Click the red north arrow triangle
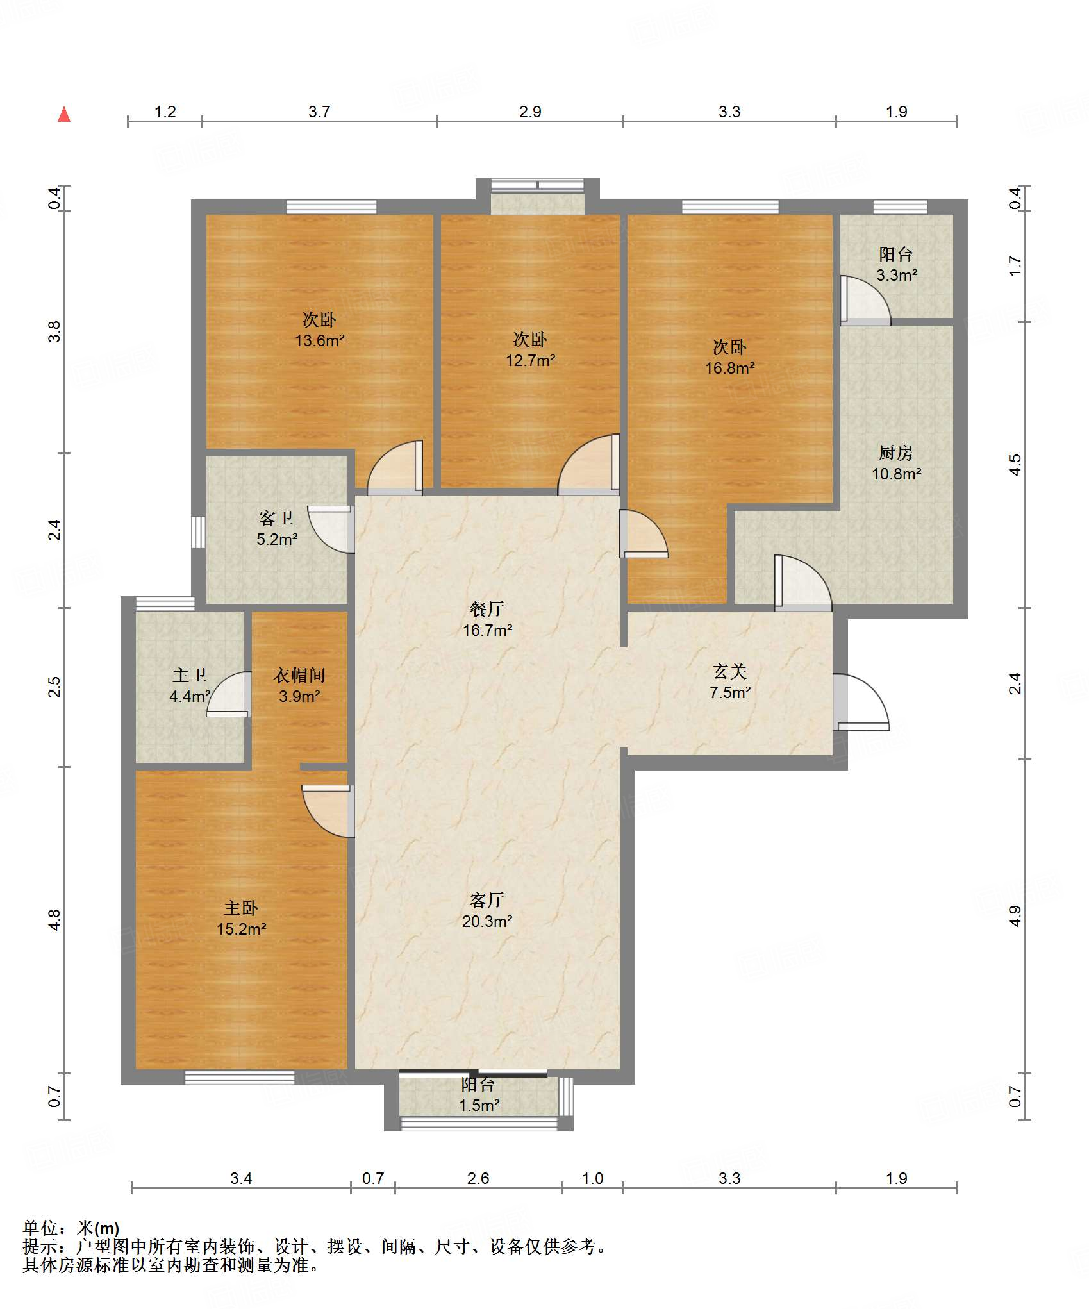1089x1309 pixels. tap(64, 114)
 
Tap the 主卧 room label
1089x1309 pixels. tap(241, 908)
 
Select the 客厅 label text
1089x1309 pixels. tap(487, 900)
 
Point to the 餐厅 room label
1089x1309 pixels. tap(487, 609)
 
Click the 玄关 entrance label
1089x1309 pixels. tap(730, 671)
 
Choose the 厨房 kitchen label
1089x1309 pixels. tap(896, 453)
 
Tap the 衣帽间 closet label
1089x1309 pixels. tap(299, 675)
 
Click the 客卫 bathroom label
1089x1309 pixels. tap(276, 518)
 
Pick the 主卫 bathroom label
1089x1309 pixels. tap(190, 675)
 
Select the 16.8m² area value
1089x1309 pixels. tap(730, 368)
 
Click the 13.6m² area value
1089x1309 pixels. tap(320, 340)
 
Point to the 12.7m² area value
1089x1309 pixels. tap(531, 360)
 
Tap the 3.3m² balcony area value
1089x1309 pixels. tap(897, 275)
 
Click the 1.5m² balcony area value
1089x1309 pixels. tap(479, 1105)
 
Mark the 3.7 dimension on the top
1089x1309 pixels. tap(319, 112)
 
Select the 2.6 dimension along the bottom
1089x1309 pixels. tap(478, 1178)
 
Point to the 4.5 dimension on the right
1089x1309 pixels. tap(1015, 465)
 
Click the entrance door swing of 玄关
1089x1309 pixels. tap(861, 702)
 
